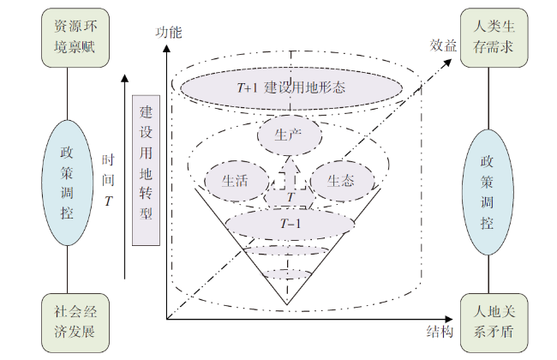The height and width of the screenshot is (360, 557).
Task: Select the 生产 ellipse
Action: pyautogui.click(x=288, y=135)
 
